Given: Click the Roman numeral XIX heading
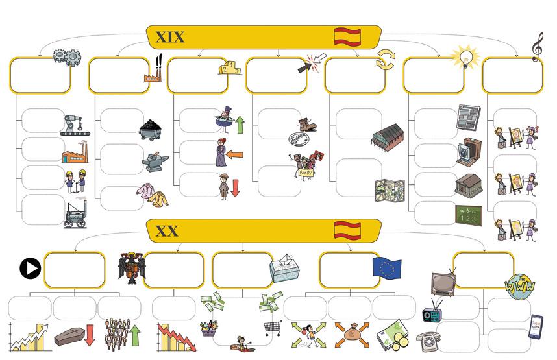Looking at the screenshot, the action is (169, 37).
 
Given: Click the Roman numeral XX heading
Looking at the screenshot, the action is (167, 231).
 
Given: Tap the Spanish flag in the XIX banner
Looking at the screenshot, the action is (347, 36).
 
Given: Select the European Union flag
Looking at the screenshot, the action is (387, 267).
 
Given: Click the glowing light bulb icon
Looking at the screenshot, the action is (465, 56).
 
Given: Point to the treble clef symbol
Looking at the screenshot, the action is (537, 47).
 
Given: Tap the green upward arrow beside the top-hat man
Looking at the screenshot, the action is (240, 124).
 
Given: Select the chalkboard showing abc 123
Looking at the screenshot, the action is (469, 215).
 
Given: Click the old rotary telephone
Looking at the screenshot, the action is (429, 340).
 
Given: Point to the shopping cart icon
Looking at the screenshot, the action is (273, 328).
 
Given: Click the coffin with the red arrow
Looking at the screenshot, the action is (75, 335).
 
